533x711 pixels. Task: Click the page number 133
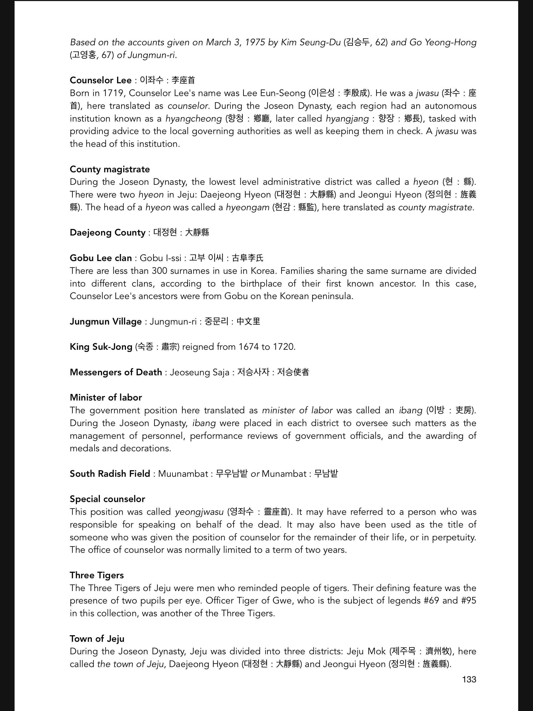469,679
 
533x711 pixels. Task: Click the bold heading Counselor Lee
101,80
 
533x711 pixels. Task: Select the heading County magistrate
110,169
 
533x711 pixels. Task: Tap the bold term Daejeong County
108,233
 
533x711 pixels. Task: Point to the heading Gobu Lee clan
101,258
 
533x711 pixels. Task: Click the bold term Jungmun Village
106,322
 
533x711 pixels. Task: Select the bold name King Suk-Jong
101,347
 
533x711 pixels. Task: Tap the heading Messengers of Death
116,372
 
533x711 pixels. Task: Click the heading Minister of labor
106,398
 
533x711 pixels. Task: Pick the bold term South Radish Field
110,474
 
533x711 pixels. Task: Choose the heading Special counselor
107,499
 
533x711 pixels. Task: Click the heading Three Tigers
97,575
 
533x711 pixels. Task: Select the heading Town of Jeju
97,639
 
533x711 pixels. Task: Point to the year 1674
248,347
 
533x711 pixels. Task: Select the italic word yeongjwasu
199,512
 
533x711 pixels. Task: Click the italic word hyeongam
248,208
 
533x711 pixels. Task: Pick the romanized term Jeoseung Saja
199,372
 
